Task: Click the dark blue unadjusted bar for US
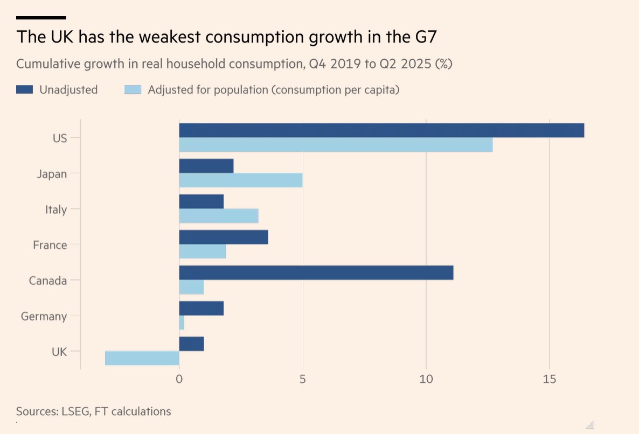[x=381, y=130]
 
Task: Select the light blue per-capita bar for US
[x=336, y=145]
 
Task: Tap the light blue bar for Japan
[x=240, y=180]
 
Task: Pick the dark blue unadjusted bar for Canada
[x=316, y=272]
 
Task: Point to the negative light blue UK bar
[x=142, y=358]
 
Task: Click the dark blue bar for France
[x=223, y=237]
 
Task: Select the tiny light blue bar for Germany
[x=182, y=323]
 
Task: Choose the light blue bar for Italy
[x=218, y=216]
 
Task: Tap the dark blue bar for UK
[x=191, y=344]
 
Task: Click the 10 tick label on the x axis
[x=426, y=379]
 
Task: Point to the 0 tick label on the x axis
[x=179, y=379]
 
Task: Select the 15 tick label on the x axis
[x=549, y=379]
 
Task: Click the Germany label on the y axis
[x=44, y=317]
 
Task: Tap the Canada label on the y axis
[x=48, y=281]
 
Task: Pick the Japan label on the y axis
[x=52, y=174]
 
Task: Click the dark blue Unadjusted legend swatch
[x=25, y=90]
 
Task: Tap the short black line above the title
[x=41, y=18]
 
